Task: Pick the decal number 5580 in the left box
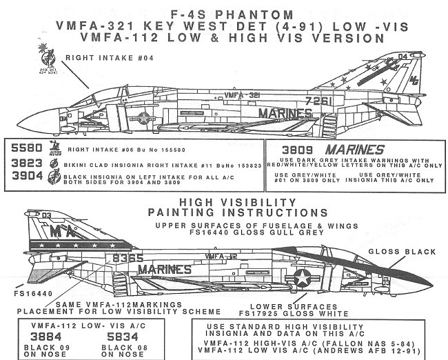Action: (27, 148)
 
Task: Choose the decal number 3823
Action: (27, 162)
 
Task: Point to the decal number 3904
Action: (27, 176)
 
